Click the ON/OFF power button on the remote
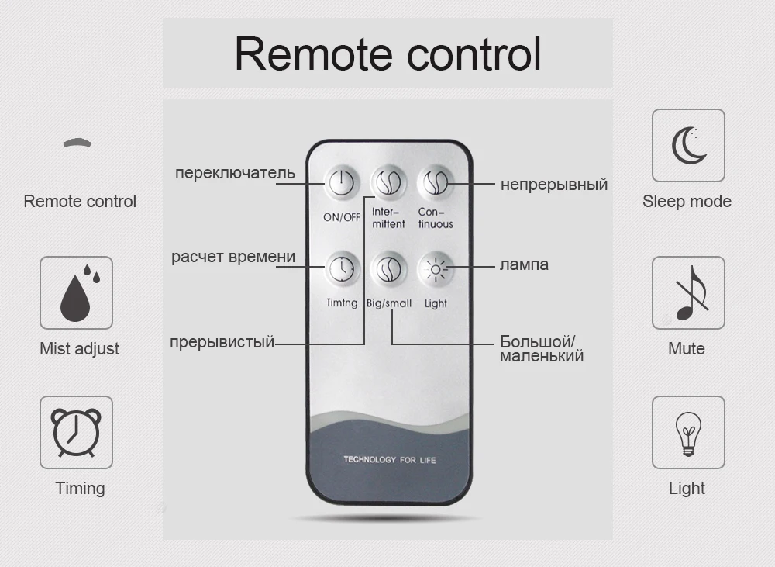pos(341,183)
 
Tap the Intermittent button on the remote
pos(388,183)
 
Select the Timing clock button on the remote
pos(341,268)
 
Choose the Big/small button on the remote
pos(388,268)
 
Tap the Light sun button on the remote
pos(435,268)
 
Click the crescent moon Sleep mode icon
pos(687,145)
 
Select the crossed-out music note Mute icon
pos(687,293)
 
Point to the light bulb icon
pos(687,433)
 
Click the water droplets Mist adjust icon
pos(76,293)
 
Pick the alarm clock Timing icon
pos(76,433)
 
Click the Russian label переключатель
pos(235,172)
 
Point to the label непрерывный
pos(553,185)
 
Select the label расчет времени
pos(233,257)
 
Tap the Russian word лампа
pos(524,264)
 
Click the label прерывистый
pos(222,342)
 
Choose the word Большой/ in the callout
pos(538,342)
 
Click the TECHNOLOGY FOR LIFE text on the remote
pos(389,460)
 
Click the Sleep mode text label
pos(687,202)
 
